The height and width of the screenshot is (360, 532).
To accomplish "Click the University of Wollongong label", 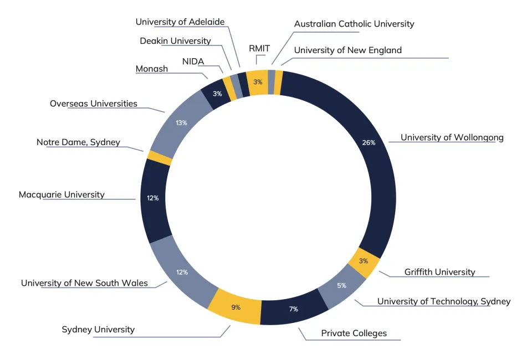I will pos(452,137).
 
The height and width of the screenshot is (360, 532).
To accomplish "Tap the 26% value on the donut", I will pos(369,142).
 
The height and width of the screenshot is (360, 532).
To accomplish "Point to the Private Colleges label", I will pos(354,333).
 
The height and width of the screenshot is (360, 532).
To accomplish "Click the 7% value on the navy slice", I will pos(294,308).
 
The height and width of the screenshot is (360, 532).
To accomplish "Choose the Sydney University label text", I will pos(98,330).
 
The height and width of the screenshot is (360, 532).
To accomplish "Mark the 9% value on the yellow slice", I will pos(236,307).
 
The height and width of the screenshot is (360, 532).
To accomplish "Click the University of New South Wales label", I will pos(84,283).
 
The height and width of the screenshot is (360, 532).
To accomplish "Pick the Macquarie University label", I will pos(62,194).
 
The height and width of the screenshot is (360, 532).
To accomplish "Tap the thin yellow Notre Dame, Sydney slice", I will pos(160,158).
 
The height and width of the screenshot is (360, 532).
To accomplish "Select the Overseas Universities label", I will pos(94,104).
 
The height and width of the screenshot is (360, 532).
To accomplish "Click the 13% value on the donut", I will pos(181,122).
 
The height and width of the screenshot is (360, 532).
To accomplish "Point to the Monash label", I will pos(151,69).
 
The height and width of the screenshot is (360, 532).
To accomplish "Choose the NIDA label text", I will pos(193,61).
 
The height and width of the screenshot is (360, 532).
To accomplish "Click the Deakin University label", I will pos(175,41).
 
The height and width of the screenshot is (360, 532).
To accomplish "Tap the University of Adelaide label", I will pos(180,22).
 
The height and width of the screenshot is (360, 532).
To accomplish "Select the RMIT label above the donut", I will pos(259,49).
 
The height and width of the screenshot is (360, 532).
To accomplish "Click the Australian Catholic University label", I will pos(354,24).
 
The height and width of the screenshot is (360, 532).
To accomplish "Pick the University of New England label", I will pos(347,50).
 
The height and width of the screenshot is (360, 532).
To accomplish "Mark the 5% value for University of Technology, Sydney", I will pos(341,286).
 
